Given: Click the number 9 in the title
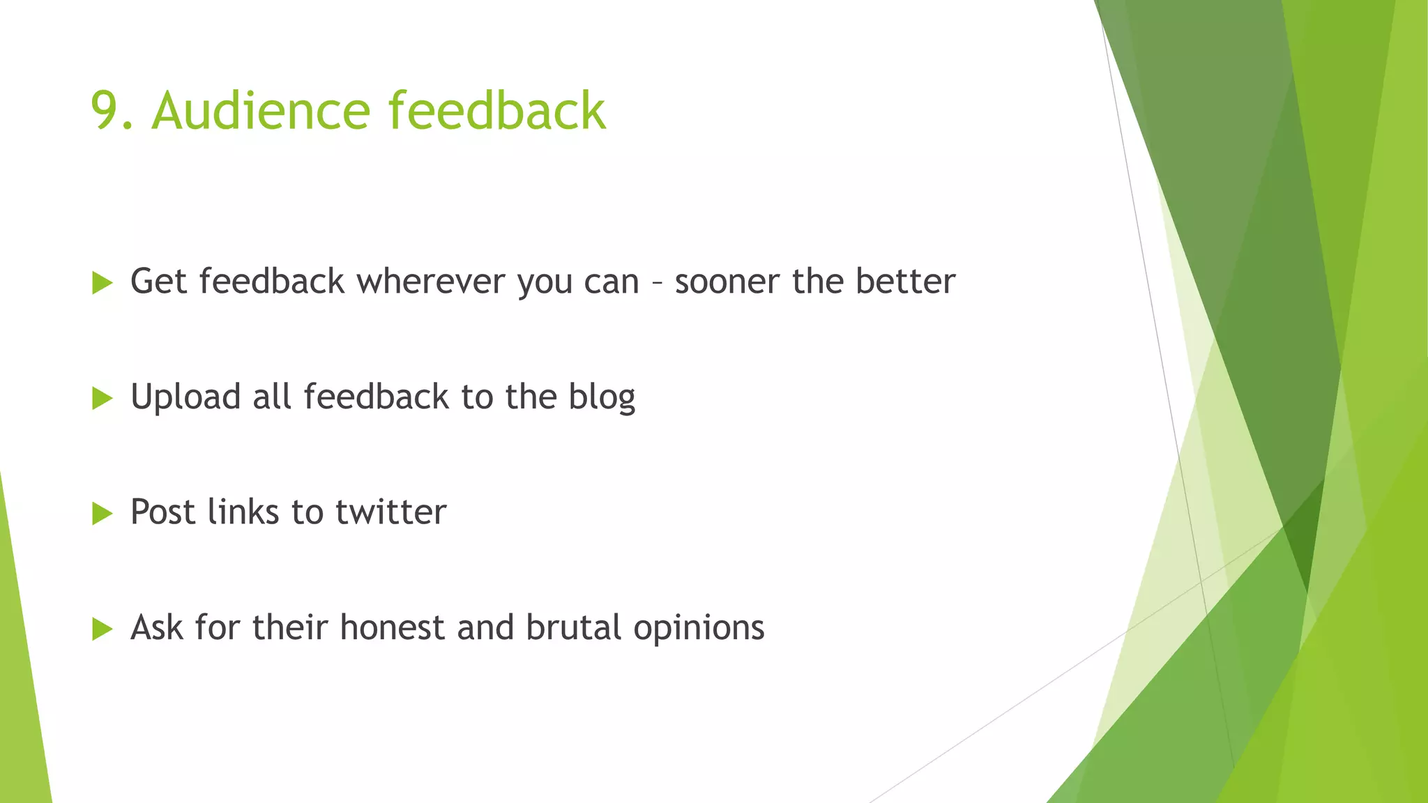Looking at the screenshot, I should point(107,112).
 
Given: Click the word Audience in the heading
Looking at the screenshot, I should point(261,112).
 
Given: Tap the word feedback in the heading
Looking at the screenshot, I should point(497,112).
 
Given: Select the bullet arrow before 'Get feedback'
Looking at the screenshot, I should point(102,283).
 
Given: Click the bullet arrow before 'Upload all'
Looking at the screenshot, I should point(102,399).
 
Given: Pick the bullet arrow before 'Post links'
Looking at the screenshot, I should point(102,514).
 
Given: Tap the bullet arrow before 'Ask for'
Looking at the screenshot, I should point(102,629).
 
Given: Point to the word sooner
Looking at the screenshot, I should point(727,282).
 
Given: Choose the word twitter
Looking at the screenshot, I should point(390,512).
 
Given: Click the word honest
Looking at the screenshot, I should point(392,627).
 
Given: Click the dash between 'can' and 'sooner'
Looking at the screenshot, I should point(657,284).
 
